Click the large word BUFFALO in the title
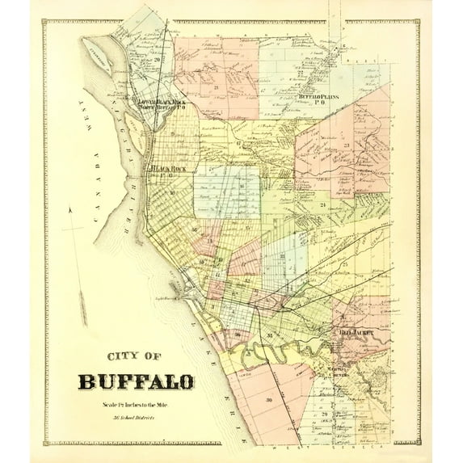tap(136, 381)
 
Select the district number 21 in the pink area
tap(217, 86)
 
